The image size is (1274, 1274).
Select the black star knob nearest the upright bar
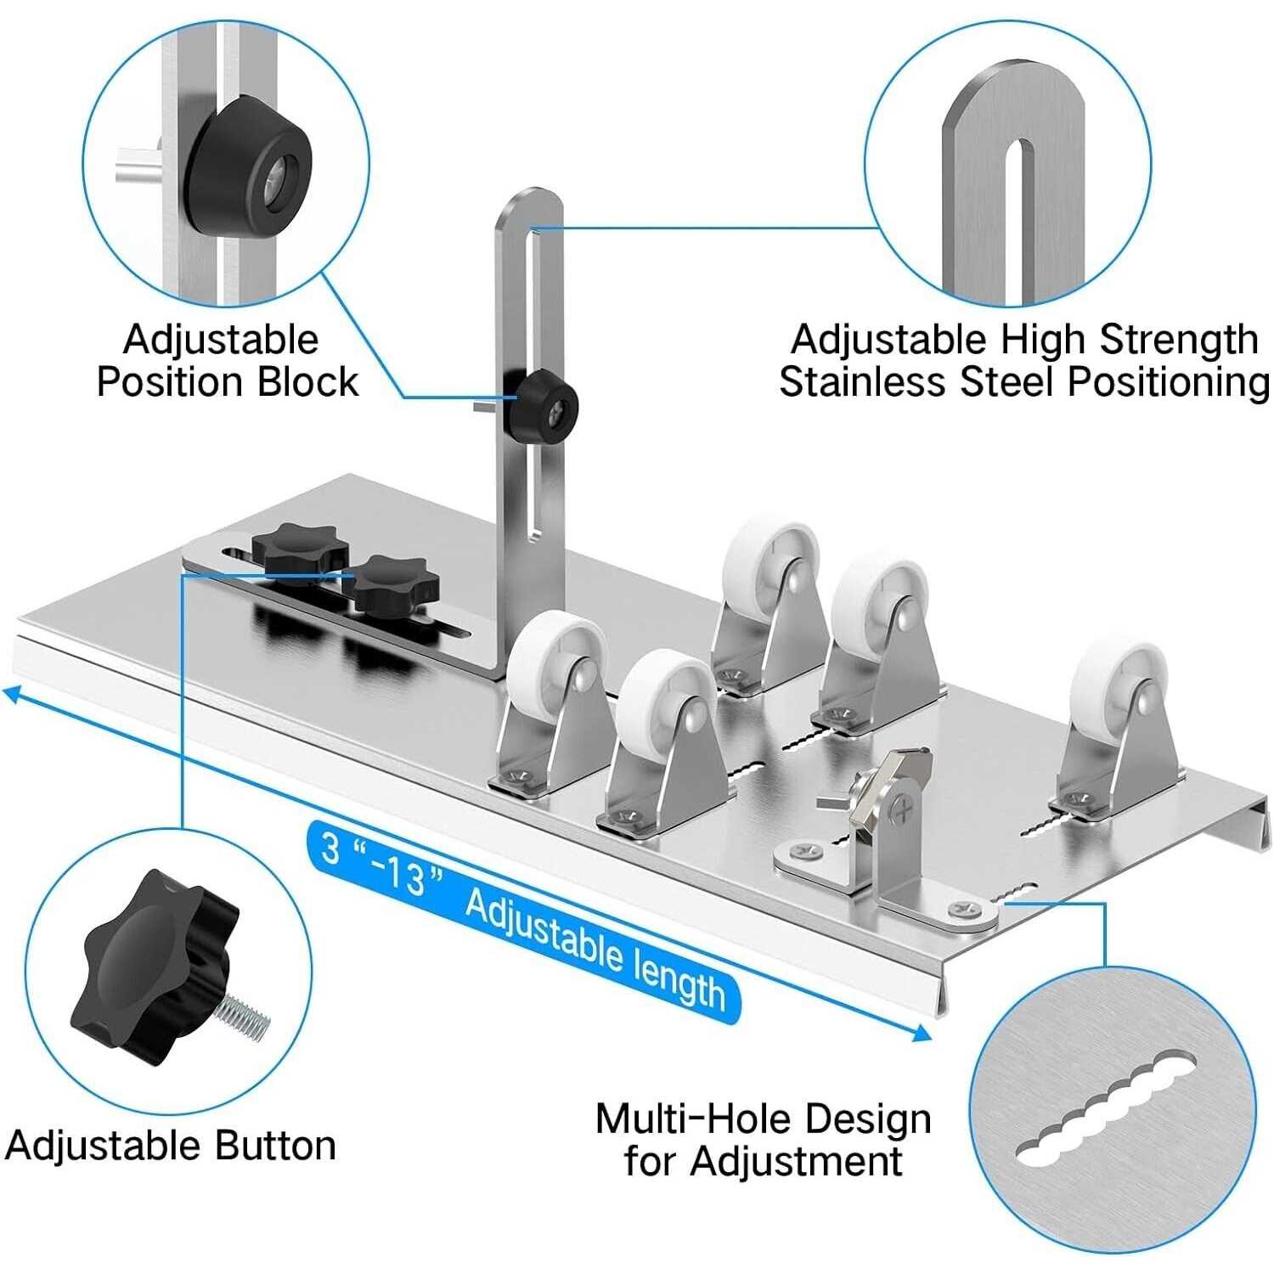[396, 583]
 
